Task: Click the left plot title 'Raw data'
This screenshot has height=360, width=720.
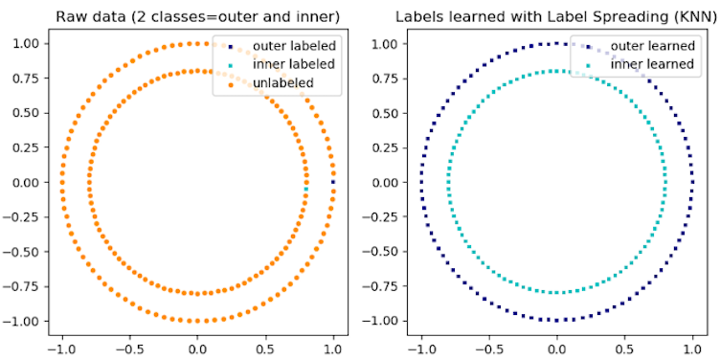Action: (x=197, y=16)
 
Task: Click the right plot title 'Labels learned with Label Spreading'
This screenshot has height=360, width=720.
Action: (x=556, y=16)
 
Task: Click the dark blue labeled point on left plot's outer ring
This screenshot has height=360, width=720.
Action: (x=333, y=182)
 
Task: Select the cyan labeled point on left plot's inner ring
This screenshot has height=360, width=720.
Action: (x=306, y=189)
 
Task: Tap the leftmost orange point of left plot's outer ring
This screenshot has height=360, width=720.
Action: (x=62, y=182)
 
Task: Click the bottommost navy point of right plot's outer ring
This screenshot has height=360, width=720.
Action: (x=556, y=320)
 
